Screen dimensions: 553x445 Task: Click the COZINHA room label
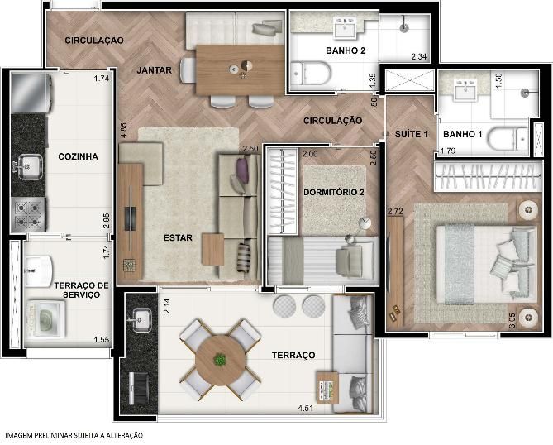tap(78, 156)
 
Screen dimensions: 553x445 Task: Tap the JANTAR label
tap(154, 70)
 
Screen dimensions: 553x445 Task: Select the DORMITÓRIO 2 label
tap(334, 193)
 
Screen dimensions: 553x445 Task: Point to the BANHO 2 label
tap(346, 50)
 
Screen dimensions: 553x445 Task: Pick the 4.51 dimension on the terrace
tap(305, 409)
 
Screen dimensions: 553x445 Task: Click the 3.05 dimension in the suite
tap(512, 320)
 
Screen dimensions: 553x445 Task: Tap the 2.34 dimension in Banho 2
tap(418, 56)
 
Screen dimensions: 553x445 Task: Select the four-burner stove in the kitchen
tap(28, 214)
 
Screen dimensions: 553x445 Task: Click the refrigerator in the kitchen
tap(31, 93)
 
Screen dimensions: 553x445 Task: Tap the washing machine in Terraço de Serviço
tap(45, 319)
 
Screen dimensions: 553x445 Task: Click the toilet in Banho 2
tap(311, 74)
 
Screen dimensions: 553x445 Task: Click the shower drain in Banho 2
tap(404, 28)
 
